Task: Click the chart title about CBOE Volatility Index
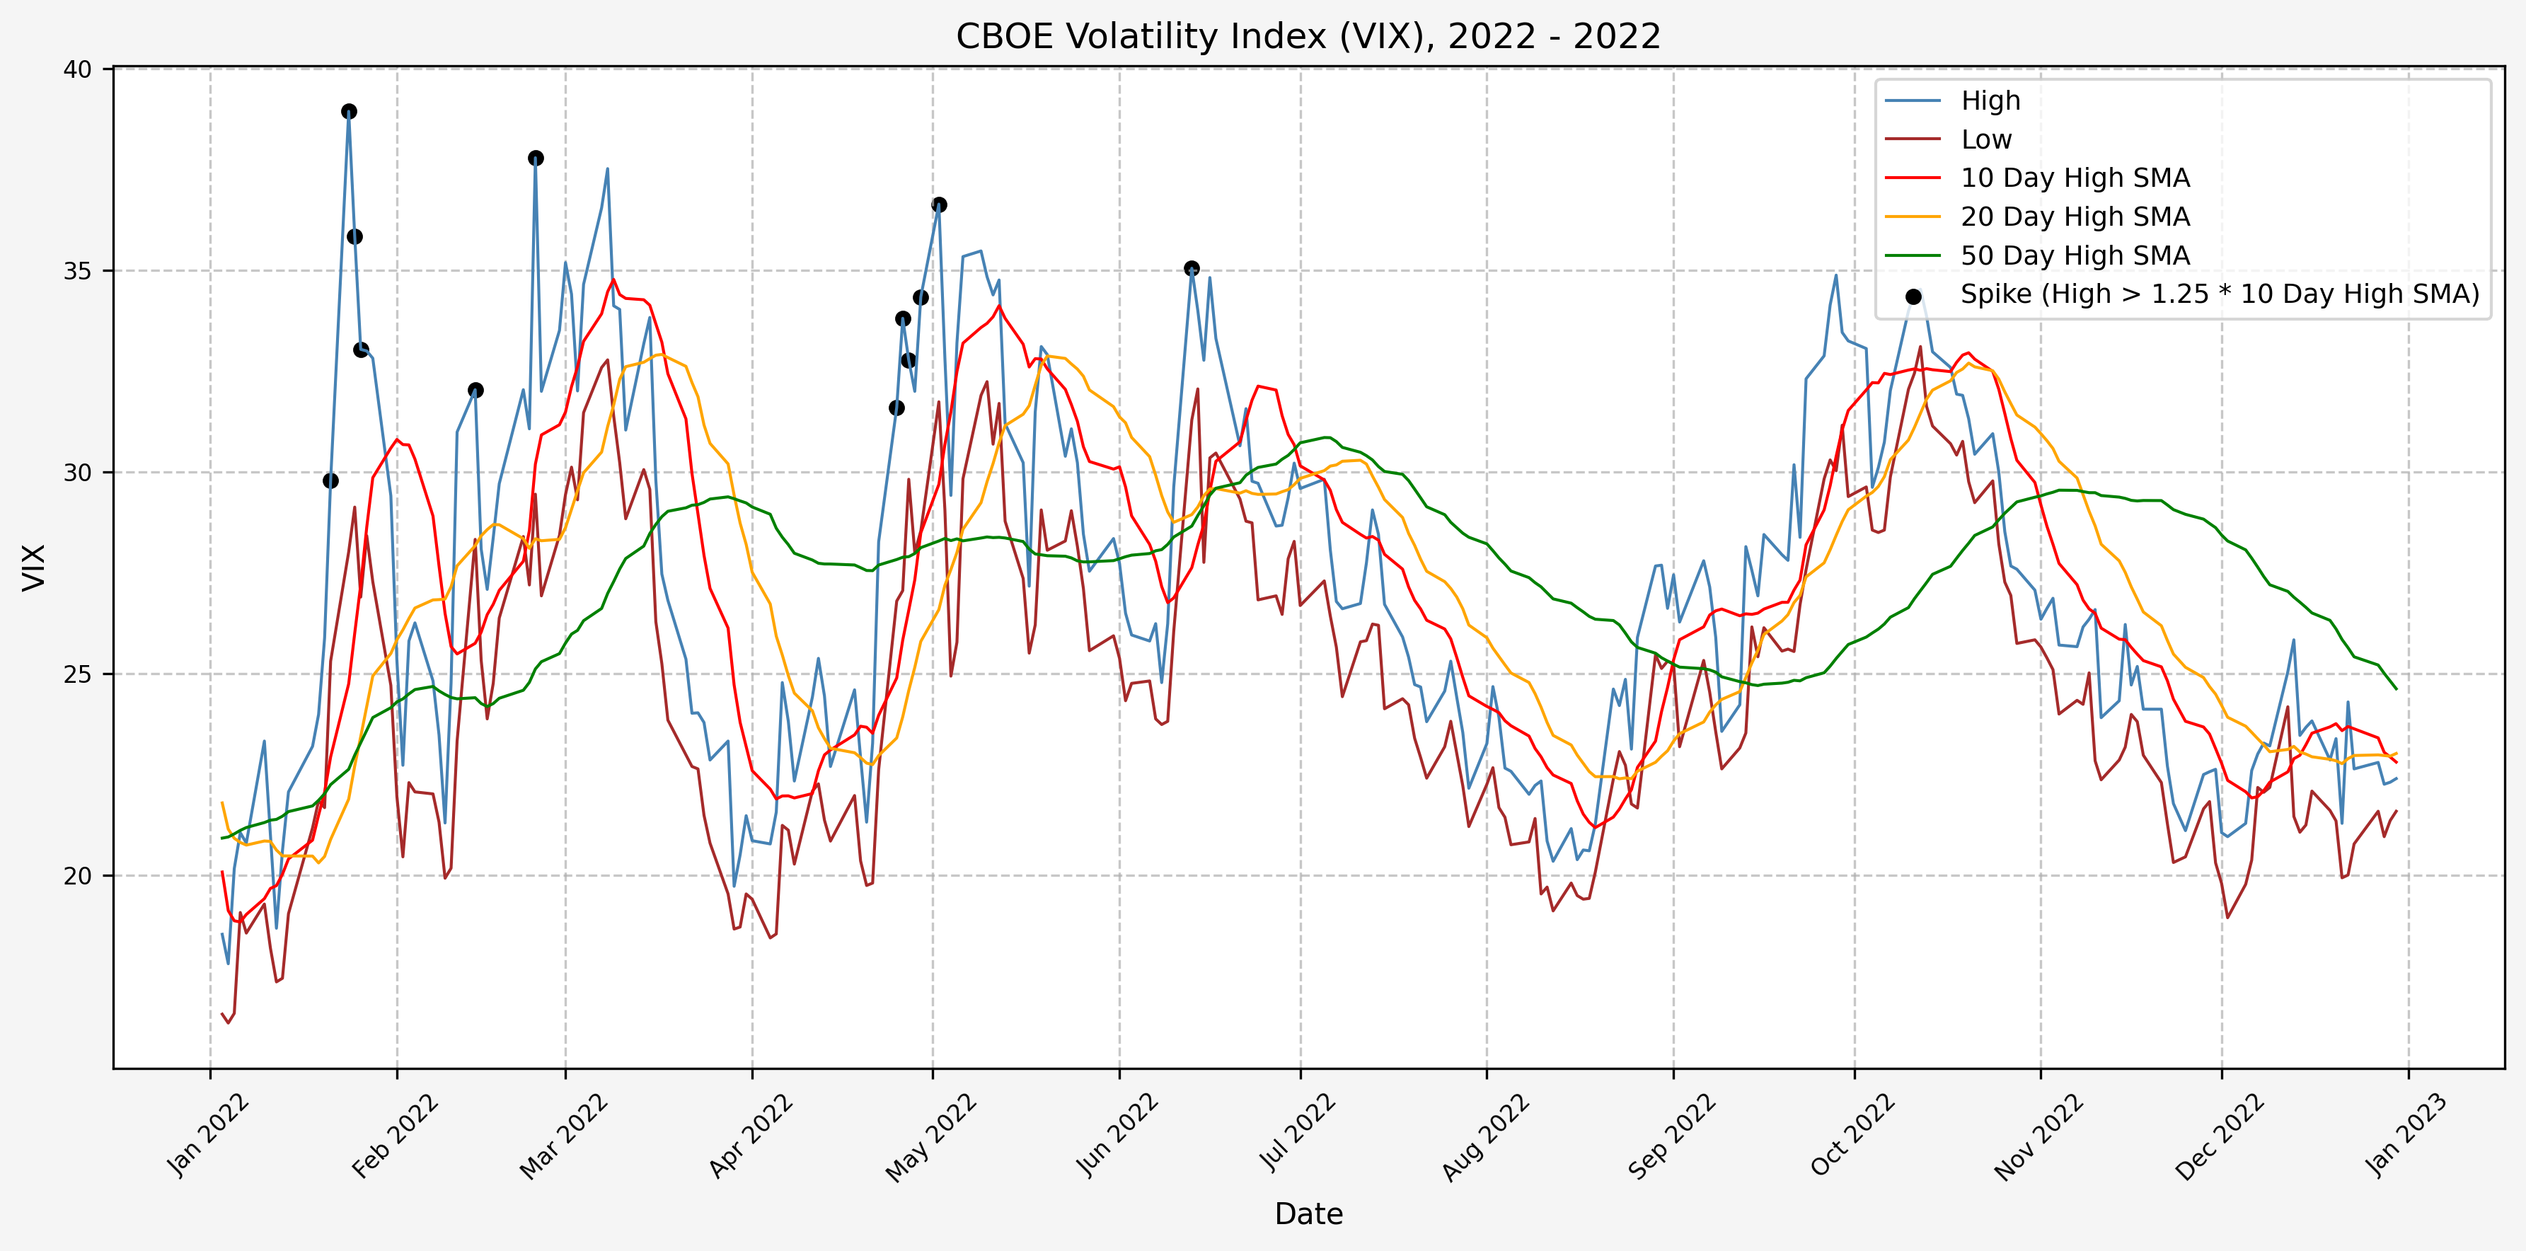[1308, 36]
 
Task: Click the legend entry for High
[1990, 101]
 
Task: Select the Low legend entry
[1985, 140]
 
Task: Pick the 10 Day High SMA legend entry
[2074, 178]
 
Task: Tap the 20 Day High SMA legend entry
[2074, 217]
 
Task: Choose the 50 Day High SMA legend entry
[2074, 256]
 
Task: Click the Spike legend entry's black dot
[1913, 296]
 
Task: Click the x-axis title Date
[1308, 1213]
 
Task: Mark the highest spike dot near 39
[349, 112]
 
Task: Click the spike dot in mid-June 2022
[1192, 269]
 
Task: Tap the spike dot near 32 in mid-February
[475, 390]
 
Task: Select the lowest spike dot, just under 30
[330, 480]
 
